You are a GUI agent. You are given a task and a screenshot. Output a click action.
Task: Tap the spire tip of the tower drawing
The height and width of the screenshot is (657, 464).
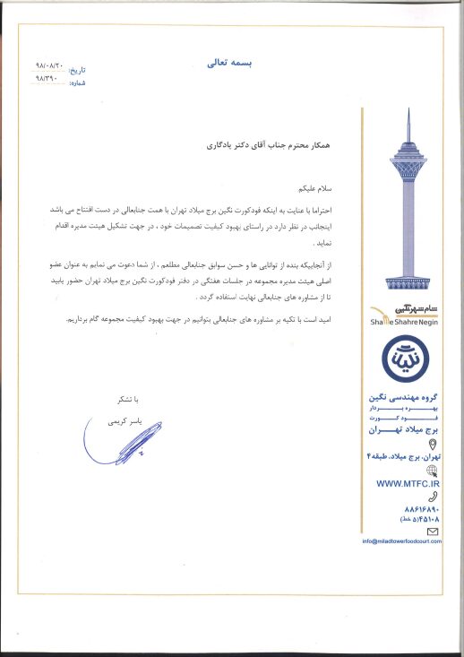pos(408,112)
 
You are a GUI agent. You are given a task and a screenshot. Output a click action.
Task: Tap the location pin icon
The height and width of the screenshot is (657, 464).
pos(434,445)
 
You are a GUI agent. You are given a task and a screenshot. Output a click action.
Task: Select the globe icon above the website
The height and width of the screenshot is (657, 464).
pos(434,470)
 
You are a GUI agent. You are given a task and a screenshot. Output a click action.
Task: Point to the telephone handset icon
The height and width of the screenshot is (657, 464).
pos(434,496)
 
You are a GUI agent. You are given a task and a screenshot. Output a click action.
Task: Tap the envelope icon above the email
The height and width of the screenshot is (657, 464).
pos(434,531)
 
